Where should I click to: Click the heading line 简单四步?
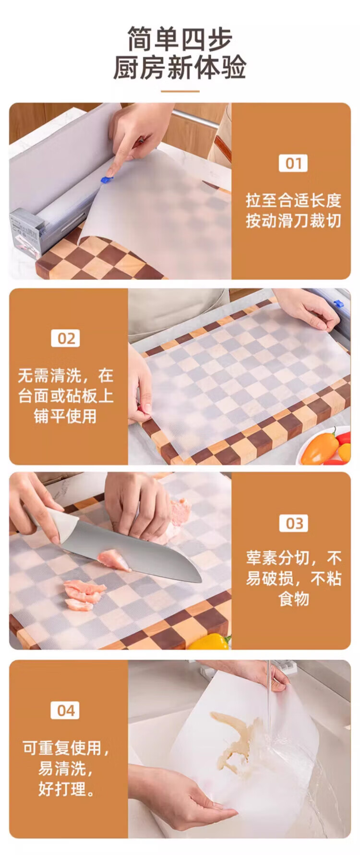(x=180, y=39)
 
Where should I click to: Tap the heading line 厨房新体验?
(x=180, y=67)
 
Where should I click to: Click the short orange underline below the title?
(x=180, y=91)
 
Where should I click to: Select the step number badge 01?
(x=293, y=163)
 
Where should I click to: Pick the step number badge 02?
(x=65, y=339)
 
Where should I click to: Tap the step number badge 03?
(x=294, y=523)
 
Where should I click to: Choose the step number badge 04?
(x=65, y=710)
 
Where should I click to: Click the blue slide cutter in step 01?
(x=106, y=180)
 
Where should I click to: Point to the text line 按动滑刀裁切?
(x=293, y=221)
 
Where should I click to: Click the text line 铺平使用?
(x=65, y=416)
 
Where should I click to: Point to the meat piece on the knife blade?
(x=113, y=560)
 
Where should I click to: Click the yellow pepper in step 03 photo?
(x=210, y=641)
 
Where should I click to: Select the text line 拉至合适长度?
(x=293, y=200)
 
